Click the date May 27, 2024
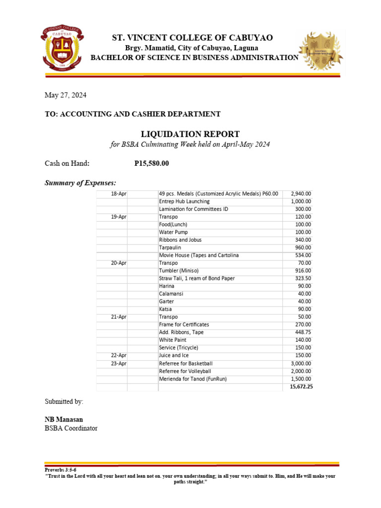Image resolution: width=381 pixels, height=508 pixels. (x=66, y=95)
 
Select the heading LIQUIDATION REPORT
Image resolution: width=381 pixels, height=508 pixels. (x=190, y=134)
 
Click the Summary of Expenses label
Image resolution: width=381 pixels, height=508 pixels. (x=80, y=183)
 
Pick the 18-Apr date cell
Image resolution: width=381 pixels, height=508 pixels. (x=119, y=193)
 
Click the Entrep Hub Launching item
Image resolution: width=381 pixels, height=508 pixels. (x=184, y=201)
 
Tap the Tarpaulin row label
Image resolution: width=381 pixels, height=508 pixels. (x=170, y=248)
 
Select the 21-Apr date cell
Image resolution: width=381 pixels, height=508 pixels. (x=119, y=317)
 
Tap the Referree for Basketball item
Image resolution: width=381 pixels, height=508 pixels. (x=186, y=363)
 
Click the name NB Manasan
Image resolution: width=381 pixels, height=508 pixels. (x=64, y=419)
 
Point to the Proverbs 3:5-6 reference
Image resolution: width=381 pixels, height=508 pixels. (x=61, y=469)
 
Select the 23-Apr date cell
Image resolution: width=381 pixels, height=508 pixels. (x=119, y=363)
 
